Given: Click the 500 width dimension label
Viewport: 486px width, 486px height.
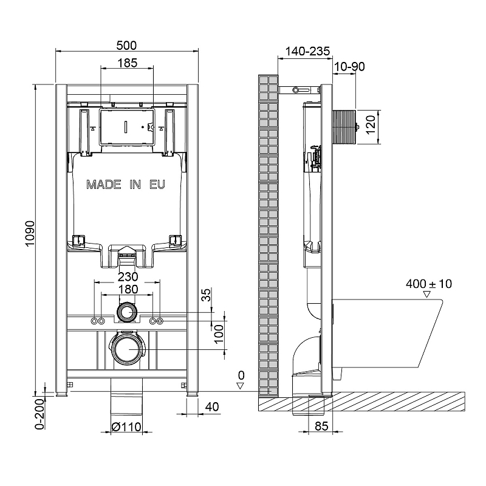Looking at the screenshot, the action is (x=126, y=46).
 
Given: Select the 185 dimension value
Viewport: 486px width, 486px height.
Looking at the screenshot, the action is (x=127, y=63).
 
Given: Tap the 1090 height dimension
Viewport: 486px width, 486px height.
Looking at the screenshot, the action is (x=30, y=234).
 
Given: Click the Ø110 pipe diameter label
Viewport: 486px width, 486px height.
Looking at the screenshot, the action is (x=126, y=427).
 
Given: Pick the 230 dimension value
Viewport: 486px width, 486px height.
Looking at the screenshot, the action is (x=128, y=276).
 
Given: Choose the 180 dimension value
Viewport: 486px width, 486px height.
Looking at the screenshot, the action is (x=128, y=289).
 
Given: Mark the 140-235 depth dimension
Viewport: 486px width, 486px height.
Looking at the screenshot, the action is (x=307, y=51).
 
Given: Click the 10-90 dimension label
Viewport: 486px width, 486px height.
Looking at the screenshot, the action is (x=349, y=67).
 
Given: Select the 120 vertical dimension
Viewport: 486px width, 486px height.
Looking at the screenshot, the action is (x=371, y=125).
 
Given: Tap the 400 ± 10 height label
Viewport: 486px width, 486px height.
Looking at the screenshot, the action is (x=429, y=284).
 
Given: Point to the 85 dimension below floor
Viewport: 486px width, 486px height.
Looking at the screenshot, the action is (x=321, y=426).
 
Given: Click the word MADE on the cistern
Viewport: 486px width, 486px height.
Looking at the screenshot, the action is (x=103, y=185).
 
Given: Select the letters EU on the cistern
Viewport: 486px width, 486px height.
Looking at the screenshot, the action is (x=157, y=185).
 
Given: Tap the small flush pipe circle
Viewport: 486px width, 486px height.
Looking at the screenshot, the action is (x=126, y=312).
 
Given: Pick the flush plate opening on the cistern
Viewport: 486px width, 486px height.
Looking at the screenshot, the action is (x=126, y=127).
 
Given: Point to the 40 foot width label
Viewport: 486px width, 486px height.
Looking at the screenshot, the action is (x=212, y=406).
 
